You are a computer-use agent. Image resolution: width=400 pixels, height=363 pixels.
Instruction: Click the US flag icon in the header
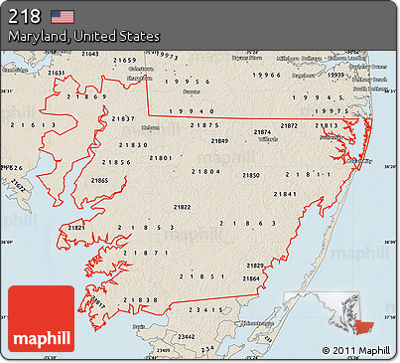63,16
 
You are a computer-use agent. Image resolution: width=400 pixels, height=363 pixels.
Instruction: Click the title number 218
26,16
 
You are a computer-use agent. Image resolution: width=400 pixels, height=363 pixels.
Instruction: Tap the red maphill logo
41,318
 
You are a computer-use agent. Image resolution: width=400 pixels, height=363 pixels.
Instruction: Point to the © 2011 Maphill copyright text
356,351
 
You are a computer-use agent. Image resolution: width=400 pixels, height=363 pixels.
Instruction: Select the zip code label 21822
183,207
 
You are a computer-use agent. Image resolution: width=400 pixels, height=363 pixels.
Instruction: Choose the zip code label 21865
99,180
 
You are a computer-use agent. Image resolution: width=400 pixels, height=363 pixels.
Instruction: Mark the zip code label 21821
76,228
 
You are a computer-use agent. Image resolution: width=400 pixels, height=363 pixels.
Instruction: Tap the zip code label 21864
250,278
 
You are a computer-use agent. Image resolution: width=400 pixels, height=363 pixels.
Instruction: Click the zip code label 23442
186,336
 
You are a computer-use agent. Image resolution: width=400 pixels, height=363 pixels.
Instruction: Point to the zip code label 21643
89,54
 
